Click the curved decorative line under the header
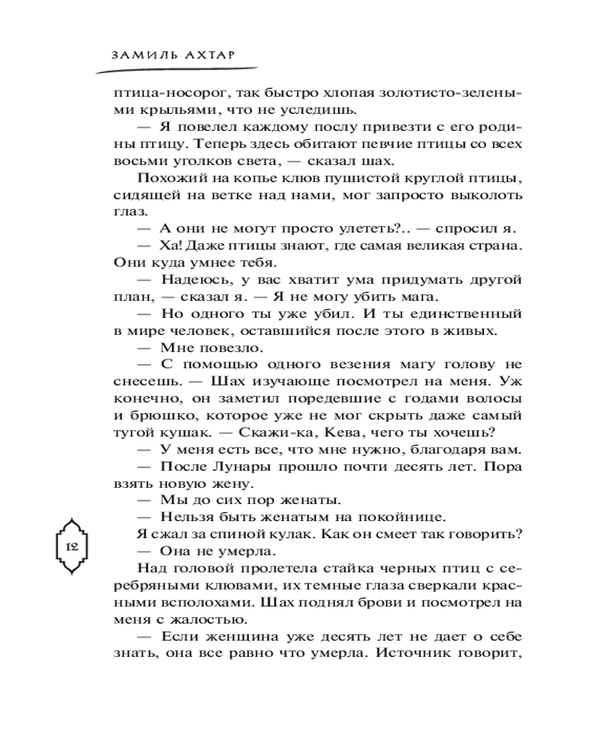click(170, 69)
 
